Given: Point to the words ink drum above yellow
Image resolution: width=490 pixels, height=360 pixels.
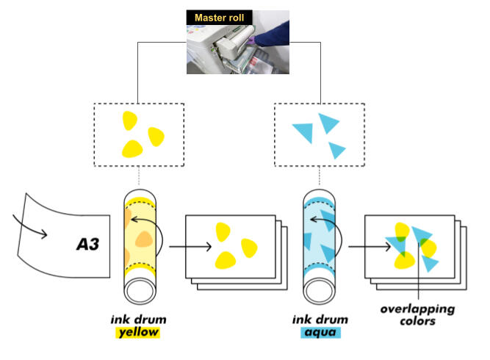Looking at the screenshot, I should coord(137,319).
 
